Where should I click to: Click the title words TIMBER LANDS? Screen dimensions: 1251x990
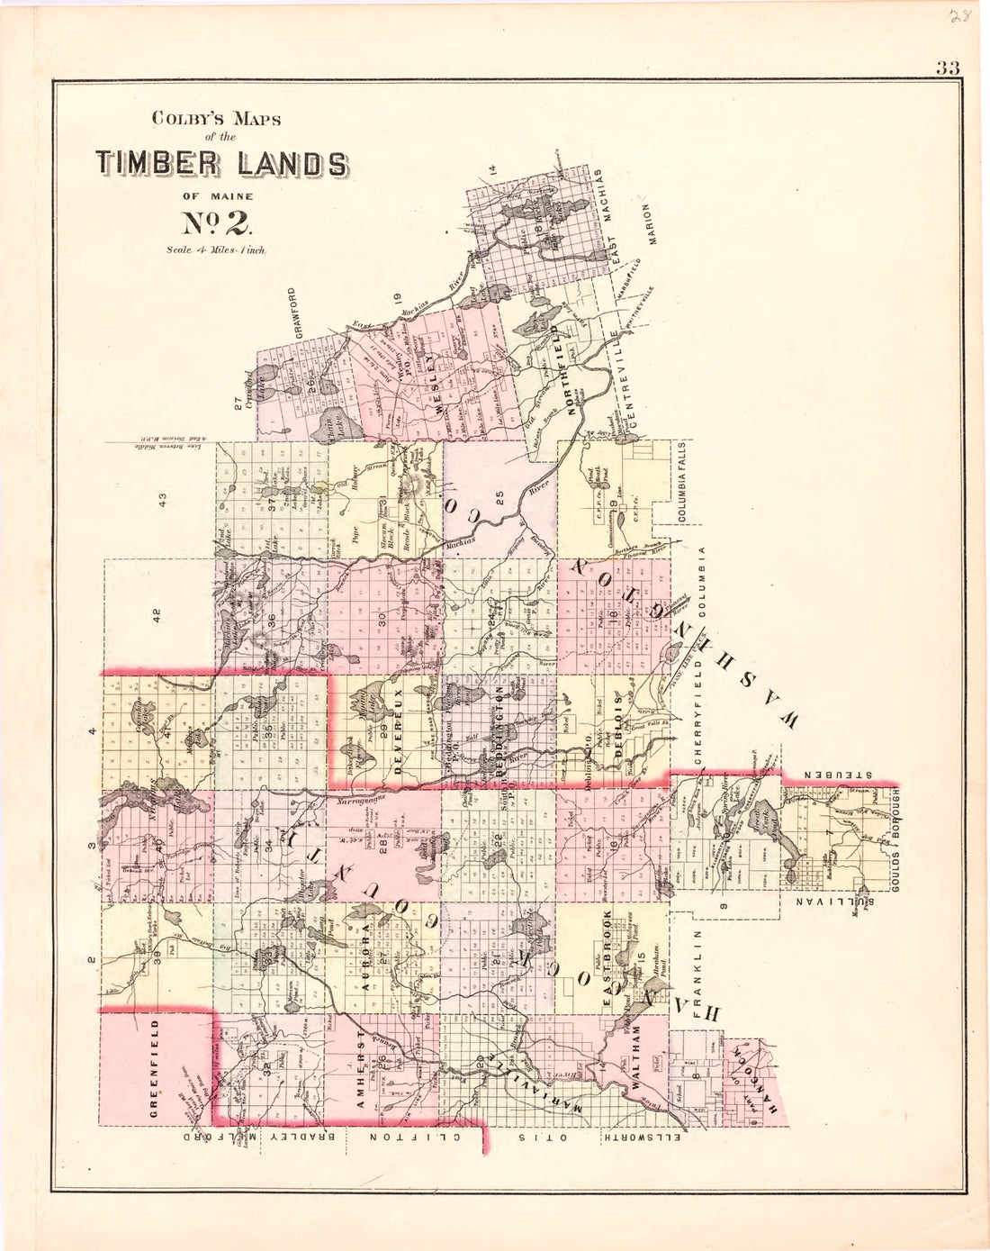[x=220, y=163]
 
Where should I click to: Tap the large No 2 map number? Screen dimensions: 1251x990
[x=219, y=222]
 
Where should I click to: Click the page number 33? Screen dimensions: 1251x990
[x=948, y=68]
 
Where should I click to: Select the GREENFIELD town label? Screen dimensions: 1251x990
[x=155, y=1069]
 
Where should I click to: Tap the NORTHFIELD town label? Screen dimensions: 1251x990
[x=571, y=374]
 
